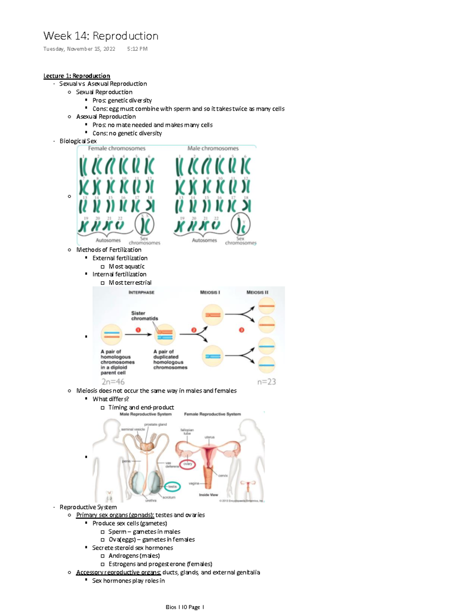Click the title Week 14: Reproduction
coord(101,36)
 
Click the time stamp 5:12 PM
coord(137,49)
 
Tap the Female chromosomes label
coord(117,148)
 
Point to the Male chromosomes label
coord(213,148)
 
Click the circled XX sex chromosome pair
coord(145,225)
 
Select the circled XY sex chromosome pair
coord(241,225)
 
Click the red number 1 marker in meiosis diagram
coord(138,330)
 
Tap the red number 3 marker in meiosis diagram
coord(241,330)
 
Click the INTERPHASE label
coord(141,292)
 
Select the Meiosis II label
coord(257,292)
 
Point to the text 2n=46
coord(113,382)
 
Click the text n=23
coord(266,382)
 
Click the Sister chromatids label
coord(144,316)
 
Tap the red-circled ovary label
coord(188,464)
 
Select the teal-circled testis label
coord(172,487)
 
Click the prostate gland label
coord(155,425)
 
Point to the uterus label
coord(209,437)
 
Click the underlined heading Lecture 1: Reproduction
coord(77,76)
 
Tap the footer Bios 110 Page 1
coord(184,607)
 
